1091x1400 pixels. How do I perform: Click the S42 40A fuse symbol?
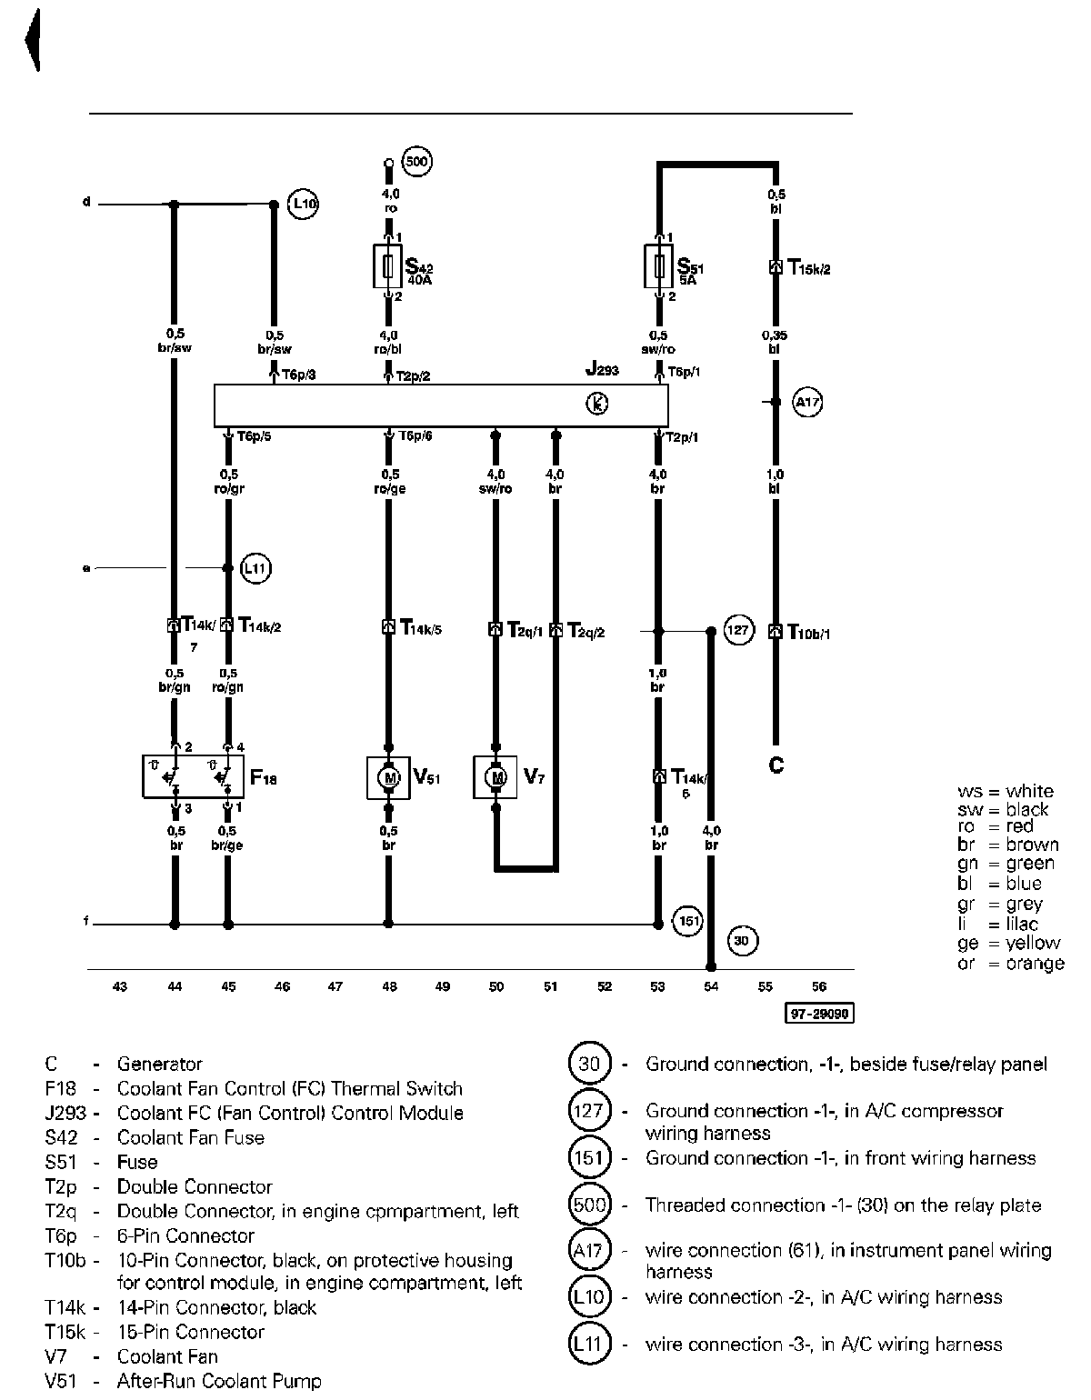coord(388,265)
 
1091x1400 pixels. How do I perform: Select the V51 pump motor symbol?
coord(388,778)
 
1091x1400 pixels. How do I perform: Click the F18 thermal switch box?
coord(193,776)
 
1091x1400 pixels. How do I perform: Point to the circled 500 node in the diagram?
coord(416,163)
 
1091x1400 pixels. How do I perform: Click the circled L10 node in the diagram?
coord(304,204)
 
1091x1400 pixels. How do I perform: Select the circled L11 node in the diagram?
coord(256,569)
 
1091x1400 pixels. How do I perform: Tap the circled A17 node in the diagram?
coord(807,401)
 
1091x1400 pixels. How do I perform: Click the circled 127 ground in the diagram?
coord(739,630)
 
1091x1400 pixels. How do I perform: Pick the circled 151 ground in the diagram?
coord(688,921)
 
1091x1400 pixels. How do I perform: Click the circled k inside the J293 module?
coord(597,405)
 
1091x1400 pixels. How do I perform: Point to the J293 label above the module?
coord(602,370)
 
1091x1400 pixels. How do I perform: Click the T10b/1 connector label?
coord(808,632)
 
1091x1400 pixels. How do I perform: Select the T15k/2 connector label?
coord(808,268)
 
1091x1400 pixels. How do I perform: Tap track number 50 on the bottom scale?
coord(496,986)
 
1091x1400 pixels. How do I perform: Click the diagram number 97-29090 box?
coord(819,1013)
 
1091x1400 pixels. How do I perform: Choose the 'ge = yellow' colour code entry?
coord(1008,943)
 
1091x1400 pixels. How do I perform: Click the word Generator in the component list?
coord(159,1064)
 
